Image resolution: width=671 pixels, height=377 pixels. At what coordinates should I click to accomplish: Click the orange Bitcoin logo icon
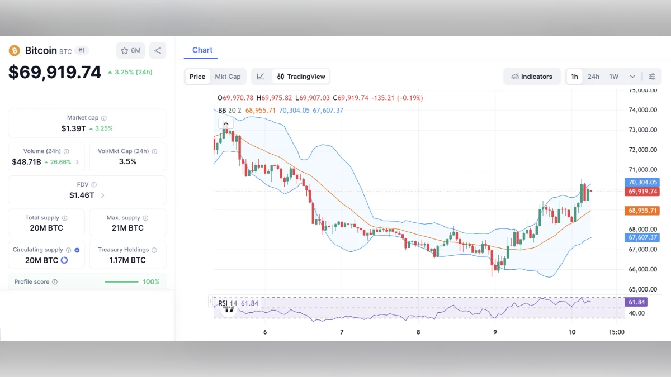coord(14,50)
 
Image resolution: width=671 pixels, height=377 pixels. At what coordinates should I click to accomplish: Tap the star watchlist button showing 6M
coord(130,51)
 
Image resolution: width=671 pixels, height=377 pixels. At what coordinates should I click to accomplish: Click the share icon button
coord(158,51)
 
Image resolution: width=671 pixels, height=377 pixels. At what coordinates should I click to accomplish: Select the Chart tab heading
coord(202,50)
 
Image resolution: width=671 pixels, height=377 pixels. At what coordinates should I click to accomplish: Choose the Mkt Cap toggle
coord(228,77)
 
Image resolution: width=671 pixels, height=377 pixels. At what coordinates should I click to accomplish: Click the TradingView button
coord(301,77)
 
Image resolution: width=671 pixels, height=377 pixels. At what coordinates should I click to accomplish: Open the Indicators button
coord(532,77)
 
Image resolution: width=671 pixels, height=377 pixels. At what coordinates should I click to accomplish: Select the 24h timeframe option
coord(593,77)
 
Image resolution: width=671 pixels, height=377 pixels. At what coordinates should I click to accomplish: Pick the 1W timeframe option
coord(613,77)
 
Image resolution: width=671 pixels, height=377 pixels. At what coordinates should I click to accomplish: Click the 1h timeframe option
coord(574,77)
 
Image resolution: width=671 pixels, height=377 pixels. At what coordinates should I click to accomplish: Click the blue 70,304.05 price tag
coord(642,182)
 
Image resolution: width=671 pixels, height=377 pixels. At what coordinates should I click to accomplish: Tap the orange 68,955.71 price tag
coord(642,211)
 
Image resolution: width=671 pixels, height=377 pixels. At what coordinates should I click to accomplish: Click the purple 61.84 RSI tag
coord(637,302)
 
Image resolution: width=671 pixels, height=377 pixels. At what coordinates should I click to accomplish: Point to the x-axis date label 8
coord(418,332)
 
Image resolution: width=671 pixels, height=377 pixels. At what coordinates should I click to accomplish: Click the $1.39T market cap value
coord(74,128)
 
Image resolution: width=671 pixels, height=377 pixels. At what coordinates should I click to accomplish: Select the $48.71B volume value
coord(26,162)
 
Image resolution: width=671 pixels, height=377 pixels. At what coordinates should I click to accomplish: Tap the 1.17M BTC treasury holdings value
coord(127,260)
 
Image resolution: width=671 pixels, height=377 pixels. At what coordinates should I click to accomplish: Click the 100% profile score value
coord(151,282)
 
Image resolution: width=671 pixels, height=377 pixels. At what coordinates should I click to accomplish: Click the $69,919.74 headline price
coord(55,73)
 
